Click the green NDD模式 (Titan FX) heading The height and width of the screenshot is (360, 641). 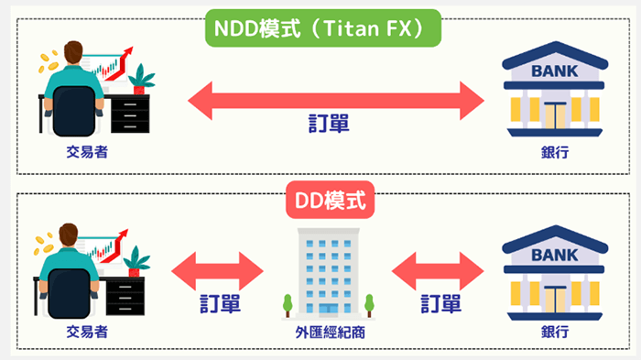(320, 28)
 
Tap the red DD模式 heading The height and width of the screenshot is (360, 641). (321, 201)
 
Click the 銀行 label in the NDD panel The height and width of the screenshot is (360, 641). (555, 152)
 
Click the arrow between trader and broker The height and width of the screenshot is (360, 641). (217, 271)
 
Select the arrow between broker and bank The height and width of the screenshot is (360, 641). (438, 271)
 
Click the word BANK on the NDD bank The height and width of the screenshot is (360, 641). (555, 70)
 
